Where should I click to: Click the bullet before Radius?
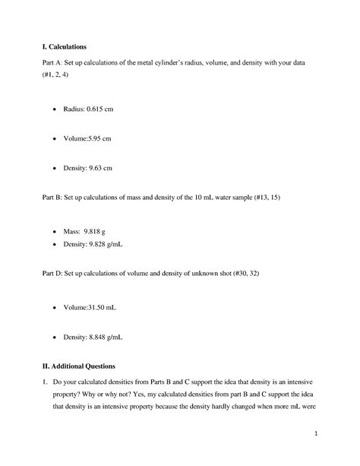[x=54, y=109]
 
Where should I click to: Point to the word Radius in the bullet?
[x=76, y=109]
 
